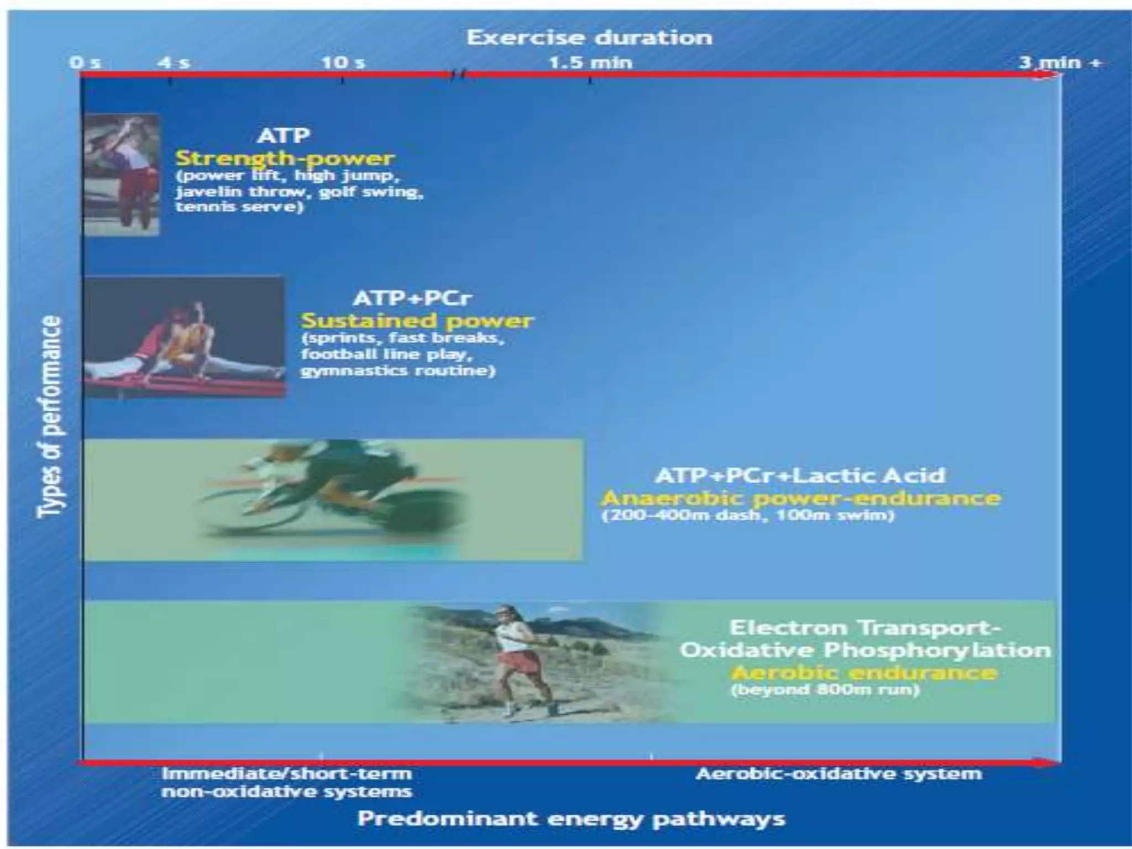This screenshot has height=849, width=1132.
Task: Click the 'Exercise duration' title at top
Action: point(589,38)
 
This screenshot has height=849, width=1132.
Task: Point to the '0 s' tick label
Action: point(86,62)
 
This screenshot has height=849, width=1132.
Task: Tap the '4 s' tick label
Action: point(174,62)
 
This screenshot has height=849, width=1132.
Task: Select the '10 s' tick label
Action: point(343,62)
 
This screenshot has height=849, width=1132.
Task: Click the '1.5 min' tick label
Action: point(590,62)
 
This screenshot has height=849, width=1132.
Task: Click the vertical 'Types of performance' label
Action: point(50,417)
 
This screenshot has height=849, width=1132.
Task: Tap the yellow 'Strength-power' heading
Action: point(285,159)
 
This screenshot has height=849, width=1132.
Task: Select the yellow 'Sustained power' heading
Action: point(417,321)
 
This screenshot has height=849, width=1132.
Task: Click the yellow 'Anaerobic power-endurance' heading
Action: point(801,498)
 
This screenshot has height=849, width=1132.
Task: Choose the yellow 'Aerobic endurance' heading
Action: point(864,673)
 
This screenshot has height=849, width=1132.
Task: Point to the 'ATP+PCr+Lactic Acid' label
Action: point(800,475)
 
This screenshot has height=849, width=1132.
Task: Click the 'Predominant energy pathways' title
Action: point(571,819)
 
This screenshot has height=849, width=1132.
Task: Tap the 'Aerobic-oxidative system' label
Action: point(838,774)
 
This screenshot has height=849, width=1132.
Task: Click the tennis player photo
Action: point(122,174)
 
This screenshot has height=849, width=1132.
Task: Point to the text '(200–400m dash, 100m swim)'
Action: point(747,516)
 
